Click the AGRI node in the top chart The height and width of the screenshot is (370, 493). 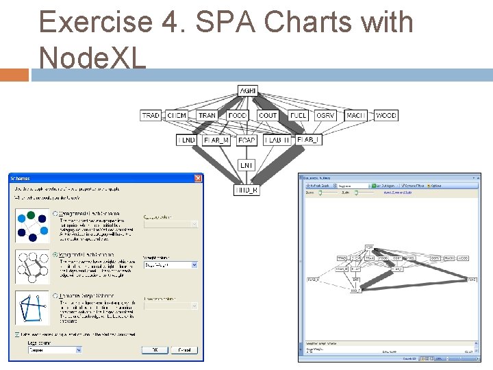[x=247, y=90]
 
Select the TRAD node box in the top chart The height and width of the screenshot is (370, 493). [x=151, y=116]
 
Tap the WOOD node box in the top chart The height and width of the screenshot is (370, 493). [x=385, y=116]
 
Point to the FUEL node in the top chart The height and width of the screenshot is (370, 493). [x=298, y=116]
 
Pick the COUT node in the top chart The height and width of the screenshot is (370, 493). [x=268, y=116]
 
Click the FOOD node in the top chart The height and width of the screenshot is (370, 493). [x=238, y=116]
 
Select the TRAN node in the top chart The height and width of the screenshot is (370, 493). [x=207, y=116]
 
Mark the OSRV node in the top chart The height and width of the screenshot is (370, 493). [x=325, y=116]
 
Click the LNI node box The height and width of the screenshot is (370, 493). [x=246, y=165]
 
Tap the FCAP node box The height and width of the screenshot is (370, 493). [x=246, y=140]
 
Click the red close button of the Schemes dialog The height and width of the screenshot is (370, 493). [x=198, y=178]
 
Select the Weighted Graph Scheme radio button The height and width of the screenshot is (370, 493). [x=55, y=255]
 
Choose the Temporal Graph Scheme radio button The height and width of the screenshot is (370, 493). [x=55, y=296]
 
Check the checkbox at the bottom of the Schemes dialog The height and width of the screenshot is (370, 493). [x=18, y=334]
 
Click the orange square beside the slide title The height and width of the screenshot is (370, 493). [x=14, y=74]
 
